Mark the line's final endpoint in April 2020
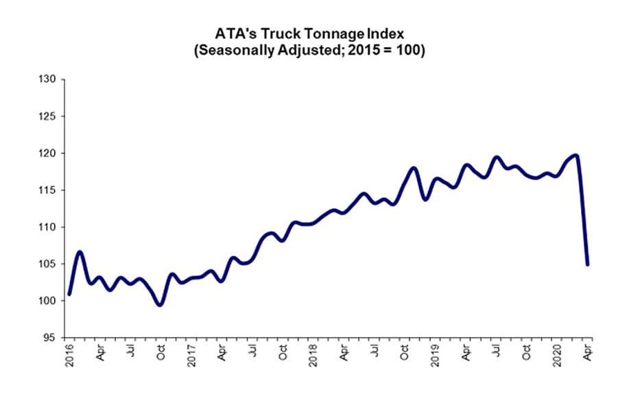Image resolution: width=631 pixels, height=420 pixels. tap(588, 264)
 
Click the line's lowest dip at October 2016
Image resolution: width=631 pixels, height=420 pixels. tap(160, 305)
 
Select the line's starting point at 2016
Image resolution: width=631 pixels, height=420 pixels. tap(69, 295)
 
